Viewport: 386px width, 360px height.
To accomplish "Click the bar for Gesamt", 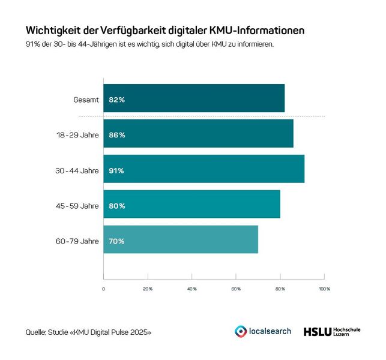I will pyautogui.click(x=194, y=99).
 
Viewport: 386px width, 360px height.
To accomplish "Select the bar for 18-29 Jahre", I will pyautogui.click(x=198, y=134).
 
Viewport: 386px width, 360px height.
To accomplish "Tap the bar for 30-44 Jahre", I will pyautogui.click(x=204, y=170).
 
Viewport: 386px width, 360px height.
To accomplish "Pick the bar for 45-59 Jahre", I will pyautogui.click(x=191, y=205).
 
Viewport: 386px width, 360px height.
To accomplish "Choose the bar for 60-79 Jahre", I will pyautogui.click(x=181, y=241).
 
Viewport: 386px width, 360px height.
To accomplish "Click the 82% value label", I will pyautogui.click(x=116, y=100).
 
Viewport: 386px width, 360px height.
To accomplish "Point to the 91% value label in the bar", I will pyautogui.click(x=116, y=170).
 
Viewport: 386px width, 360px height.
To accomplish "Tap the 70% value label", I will pyautogui.click(x=116, y=241).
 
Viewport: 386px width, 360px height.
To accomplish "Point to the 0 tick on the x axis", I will pyautogui.click(x=104, y=289).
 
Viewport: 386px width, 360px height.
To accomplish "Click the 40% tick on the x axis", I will pyautogui.click(x=192, y=289).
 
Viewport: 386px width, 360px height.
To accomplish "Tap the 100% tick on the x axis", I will pyautogui.click(x=324, y=289).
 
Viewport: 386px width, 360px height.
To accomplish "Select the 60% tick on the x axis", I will pyautogui.click(x=236, y=289).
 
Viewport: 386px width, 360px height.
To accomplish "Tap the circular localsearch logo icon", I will pyautogui.click(x=241, y=331).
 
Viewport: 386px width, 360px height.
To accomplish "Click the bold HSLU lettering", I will pyautogui.click(x=317, y=331).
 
